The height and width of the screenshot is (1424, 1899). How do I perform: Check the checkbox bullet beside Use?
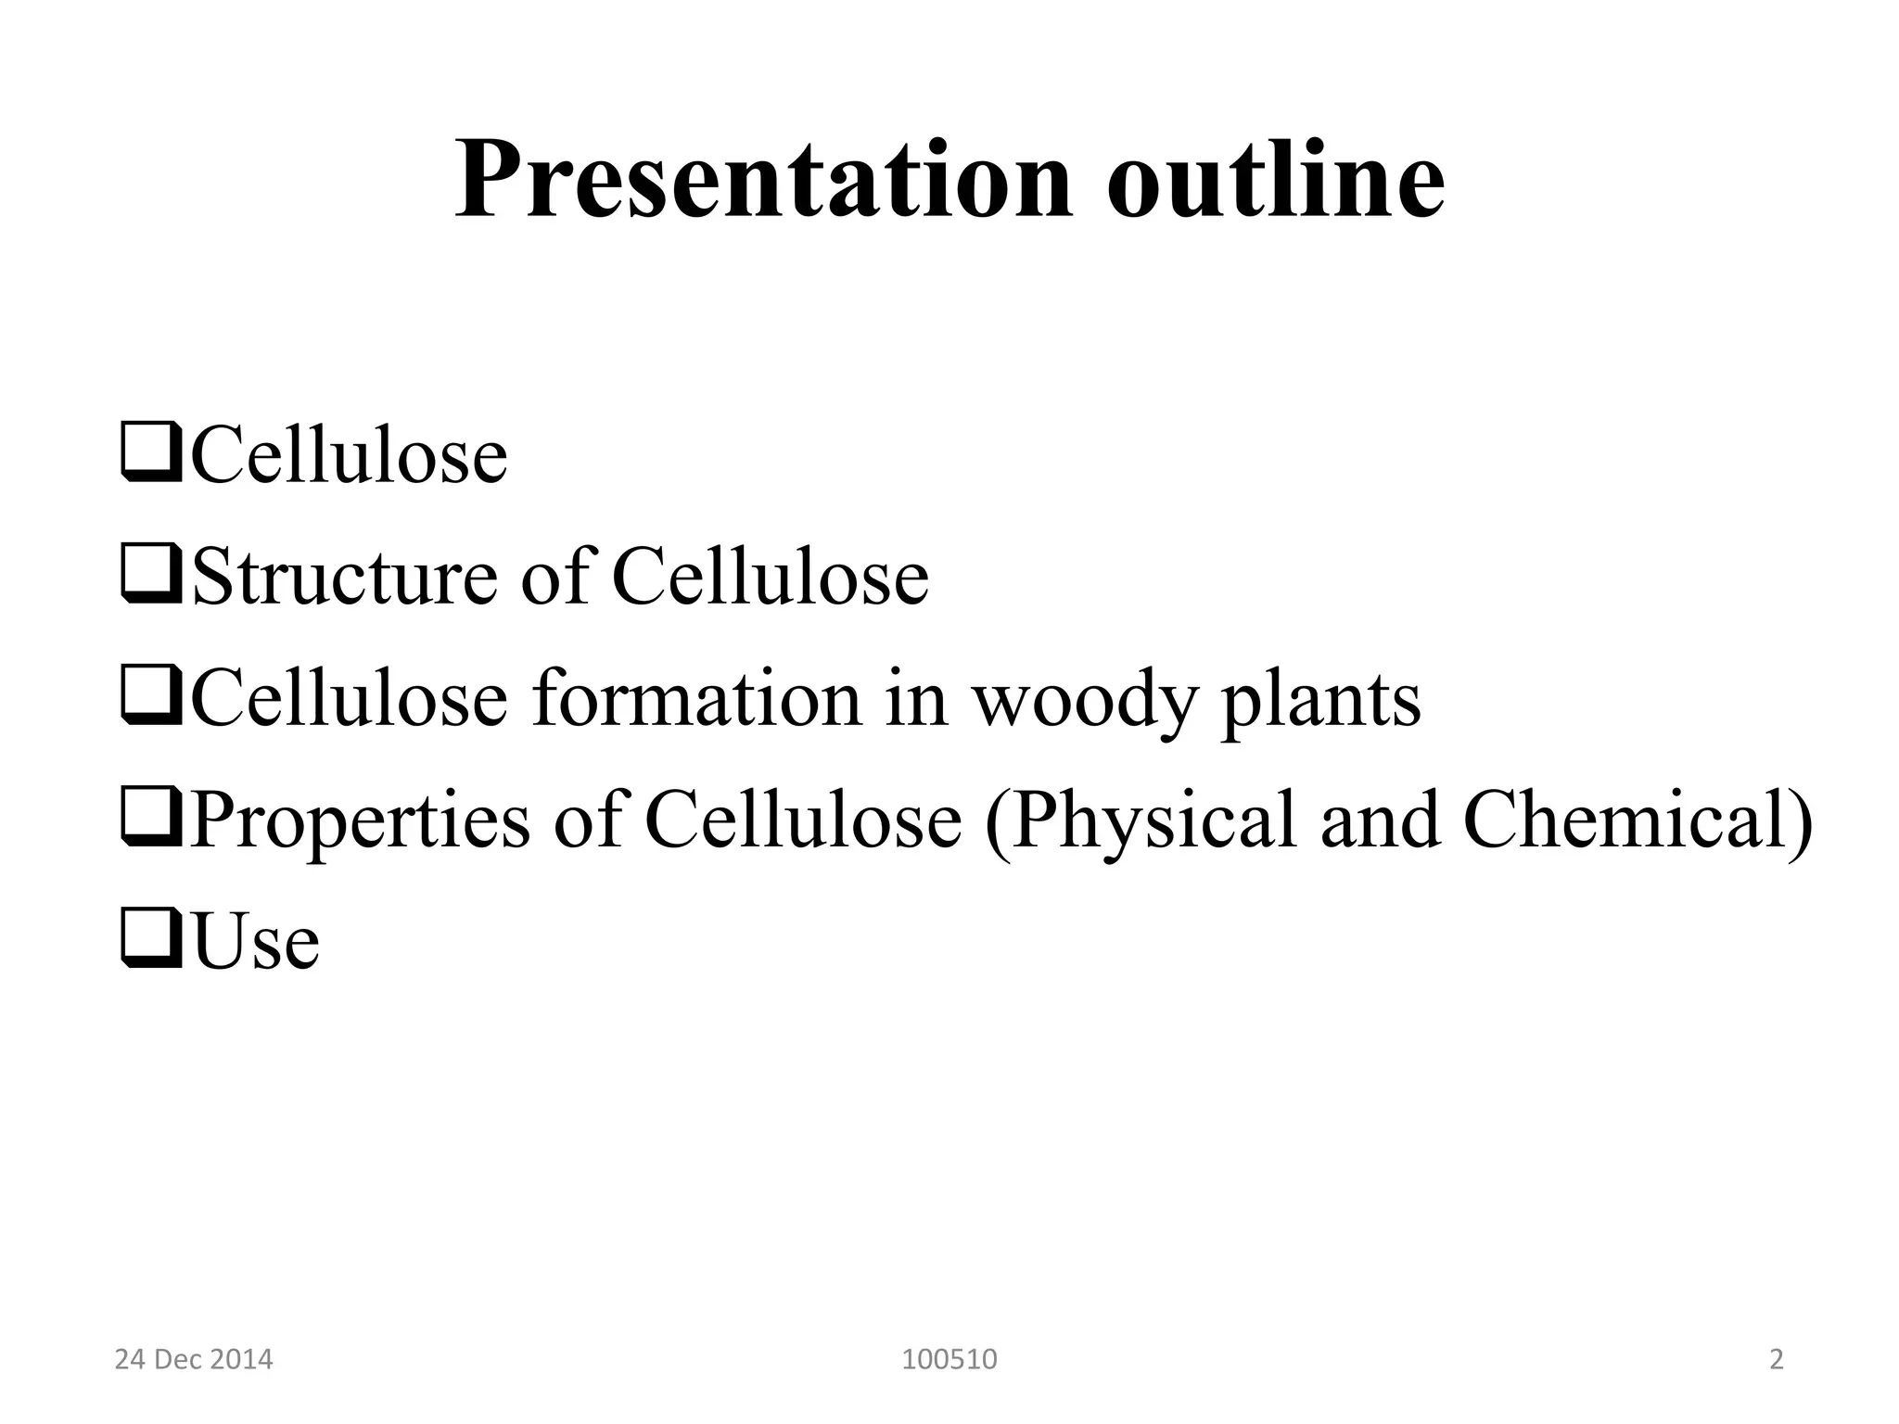pyautogui.click(x=150, y=940)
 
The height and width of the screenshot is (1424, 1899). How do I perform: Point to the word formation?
pyautogui.click(x=695, y=698)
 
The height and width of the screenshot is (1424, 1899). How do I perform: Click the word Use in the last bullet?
pyautogui.click(x=256, y=942)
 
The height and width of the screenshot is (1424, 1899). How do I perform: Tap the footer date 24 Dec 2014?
pyautogui.click(x=194, y=1360)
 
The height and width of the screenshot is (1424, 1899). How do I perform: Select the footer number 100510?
pyautogui.click(x=949, y=1360)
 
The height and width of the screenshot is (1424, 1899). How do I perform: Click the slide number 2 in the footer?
pyautogui.click(x=1777, y=1360)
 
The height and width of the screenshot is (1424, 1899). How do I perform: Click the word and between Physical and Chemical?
pyautogui.click(x=1381, y=820)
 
